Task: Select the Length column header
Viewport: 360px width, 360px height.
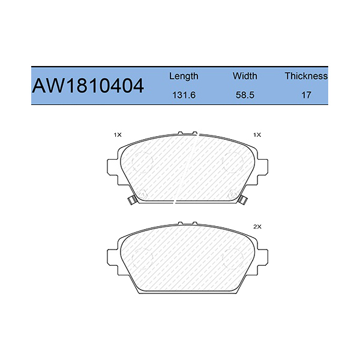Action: [x=184, y=76]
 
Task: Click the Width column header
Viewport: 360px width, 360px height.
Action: [x=245, y=76]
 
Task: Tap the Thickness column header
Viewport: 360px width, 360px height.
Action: [x=306, y=76]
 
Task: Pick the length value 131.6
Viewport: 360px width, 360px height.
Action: [x=184, y=95]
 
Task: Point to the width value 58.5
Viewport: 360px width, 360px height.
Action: [x=245, y=95]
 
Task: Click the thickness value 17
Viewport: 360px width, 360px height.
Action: [x=306, y=95]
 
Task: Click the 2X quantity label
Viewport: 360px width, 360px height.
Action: [x=258, y=227]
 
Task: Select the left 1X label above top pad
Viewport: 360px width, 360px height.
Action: [x=117, y=135]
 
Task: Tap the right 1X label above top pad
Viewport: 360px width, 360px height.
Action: [x=258, y=135]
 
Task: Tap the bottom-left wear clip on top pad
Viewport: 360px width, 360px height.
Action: [x=131, y=200]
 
